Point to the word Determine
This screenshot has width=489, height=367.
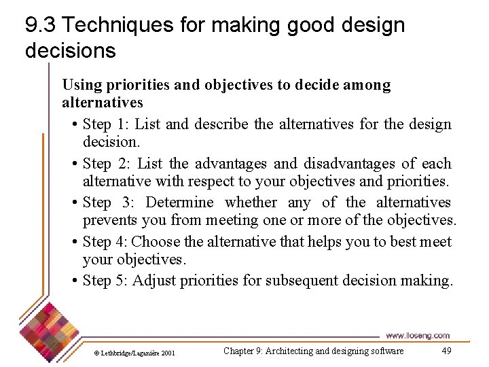[x=179, y=203]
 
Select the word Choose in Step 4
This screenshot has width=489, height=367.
[x=156, y=242]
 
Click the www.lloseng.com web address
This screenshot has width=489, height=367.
[x=417, y=336]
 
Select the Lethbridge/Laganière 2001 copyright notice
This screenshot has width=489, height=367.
[x=134, y=353]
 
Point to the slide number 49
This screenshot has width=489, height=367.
[x=446, y=351]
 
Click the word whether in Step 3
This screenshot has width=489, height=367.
[x=251, y=203]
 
